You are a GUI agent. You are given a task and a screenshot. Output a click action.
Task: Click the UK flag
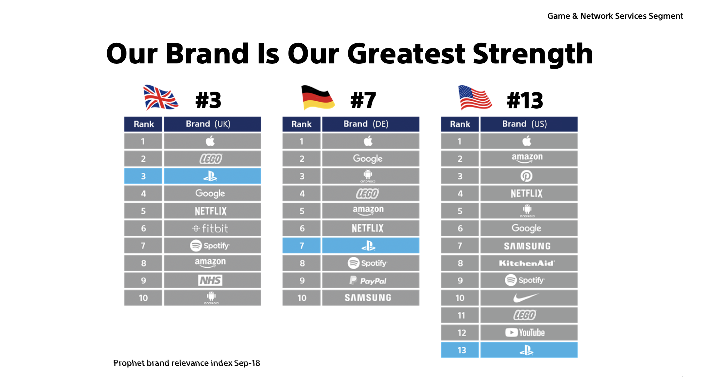pos(161,98)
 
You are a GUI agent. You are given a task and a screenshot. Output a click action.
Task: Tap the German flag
pos(317,98)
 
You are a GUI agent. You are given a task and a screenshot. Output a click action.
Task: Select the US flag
pos(475,98)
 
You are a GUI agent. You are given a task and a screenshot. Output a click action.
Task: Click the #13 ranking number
pos(525,101)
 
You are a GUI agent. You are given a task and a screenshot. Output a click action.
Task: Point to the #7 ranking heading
pos(363,101)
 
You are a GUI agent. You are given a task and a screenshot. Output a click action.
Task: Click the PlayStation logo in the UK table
pos(210,176)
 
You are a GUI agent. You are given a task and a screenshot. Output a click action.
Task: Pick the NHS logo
pos(210,280)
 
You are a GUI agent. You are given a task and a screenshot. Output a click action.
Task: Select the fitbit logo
pos(210,229)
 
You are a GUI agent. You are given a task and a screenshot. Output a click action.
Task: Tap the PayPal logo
pos(368,281)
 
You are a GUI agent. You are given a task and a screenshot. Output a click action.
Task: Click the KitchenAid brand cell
pos(527,263)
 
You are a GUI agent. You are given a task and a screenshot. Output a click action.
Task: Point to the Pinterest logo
pos(526,176)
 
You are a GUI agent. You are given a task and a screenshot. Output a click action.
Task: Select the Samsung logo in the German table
pos(368,298)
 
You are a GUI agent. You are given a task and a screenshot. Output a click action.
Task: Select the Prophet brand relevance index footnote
pos(187,363)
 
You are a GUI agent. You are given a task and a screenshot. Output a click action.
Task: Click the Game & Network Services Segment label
pos(615,16)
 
